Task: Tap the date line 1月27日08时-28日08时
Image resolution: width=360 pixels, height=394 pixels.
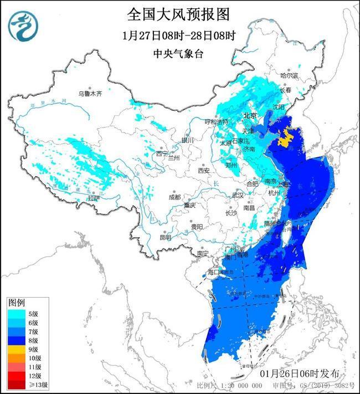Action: (x=178, y=35)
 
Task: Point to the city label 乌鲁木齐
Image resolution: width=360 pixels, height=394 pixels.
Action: (x=90, y=94)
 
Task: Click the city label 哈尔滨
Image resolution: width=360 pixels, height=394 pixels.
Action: (x=289, y=75)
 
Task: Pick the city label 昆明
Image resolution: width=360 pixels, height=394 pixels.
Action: (x=165, y=237)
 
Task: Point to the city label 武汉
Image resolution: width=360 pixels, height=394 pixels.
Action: (x=238, y=195)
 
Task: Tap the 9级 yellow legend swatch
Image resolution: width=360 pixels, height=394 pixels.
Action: (x=16, y=350)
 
